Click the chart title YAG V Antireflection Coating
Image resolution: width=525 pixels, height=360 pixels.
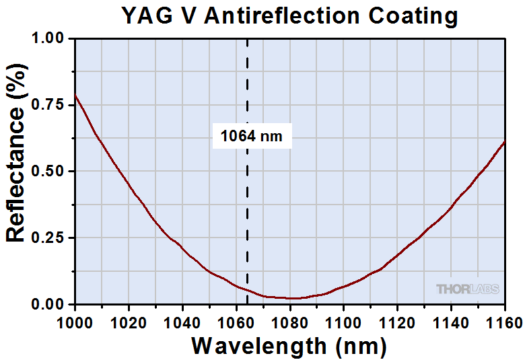(x=289, y=15)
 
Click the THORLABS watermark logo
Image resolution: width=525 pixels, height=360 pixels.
(x=468, y=289)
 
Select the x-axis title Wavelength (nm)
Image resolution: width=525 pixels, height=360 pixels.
(x=289, y=346)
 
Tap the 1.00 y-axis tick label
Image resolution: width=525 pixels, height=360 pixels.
(x=48, y=40)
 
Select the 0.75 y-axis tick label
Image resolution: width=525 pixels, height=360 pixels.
(x=48, y=106)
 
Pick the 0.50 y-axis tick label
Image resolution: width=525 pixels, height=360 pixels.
(x=48, y=172)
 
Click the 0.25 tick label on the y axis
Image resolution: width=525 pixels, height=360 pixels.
(x=48, y=238)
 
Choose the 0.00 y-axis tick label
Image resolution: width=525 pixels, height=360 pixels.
(x=48, y=305)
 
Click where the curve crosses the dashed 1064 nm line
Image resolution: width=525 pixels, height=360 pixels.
(x=247, y=291)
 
